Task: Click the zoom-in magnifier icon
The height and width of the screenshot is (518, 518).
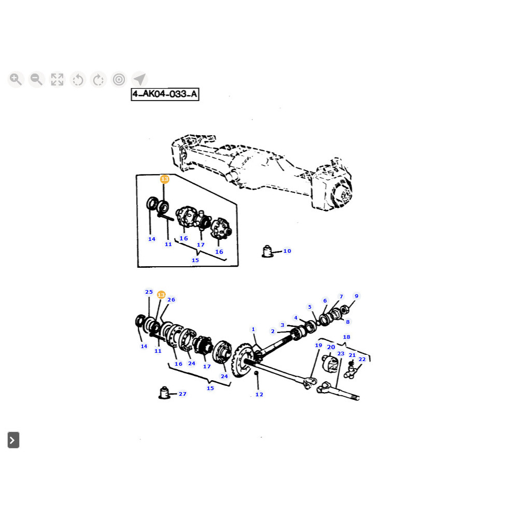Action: (x=16, y=79)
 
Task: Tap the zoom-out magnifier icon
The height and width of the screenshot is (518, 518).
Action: (x=36, y=79)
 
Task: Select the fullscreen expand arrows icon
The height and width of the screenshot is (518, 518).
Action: (x=57, y=79)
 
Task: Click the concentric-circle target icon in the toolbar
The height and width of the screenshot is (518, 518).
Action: (x=119, y=79)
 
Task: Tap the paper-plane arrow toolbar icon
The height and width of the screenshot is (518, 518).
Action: (x=139, y=79)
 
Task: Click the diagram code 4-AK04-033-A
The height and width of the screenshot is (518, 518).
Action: (x=165, y=94)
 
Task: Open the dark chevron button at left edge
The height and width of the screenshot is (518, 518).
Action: (x=13, y=440)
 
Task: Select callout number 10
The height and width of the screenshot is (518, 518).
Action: (x=287, y=251)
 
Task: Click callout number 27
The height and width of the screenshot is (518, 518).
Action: (x=182, y=394)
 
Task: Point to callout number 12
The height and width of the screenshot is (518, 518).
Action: (x=259, y=395)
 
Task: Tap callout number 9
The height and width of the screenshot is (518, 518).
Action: (x=356, y=296)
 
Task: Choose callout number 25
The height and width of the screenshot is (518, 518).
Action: (x=149, y=292)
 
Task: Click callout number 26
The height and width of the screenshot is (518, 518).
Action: (x=171, y=300)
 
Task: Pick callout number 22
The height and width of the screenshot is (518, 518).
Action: (x=362, y=359)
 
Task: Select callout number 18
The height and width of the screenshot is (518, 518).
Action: (x=347, y=337)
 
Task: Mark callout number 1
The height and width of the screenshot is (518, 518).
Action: (x=253, y=329)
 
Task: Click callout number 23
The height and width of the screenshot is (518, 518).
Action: (x=341, y=354)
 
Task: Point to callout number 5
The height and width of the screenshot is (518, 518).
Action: (x=310, y=307)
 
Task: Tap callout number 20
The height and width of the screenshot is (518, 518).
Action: (x=331, y=348)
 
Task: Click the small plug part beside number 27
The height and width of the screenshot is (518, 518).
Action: (x=165, y=393)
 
